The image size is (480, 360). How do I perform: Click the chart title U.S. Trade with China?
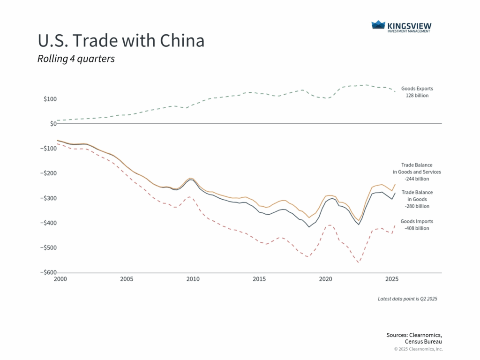[121, 41]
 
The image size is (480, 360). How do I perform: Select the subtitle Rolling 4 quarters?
[76, 60]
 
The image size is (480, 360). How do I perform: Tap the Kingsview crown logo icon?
[378, 25]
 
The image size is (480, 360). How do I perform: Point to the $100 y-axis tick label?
[50, 99]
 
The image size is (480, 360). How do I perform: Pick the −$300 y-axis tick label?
[48, 198]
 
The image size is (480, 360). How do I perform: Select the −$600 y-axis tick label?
[48, 273]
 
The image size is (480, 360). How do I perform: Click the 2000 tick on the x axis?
[60, 279]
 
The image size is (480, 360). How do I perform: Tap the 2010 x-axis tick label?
[193, 279]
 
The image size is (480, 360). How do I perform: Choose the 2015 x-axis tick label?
[259, 279]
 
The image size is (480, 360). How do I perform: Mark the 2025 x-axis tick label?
[392, 279]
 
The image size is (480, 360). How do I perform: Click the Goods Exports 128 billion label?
[417, 92]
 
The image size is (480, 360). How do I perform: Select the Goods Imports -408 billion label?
[417, 225]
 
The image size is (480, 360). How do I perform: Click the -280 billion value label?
[417, 206]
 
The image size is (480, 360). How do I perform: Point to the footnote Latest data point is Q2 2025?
[407, 299]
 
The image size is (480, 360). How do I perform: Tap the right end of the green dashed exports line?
[395, 91]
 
